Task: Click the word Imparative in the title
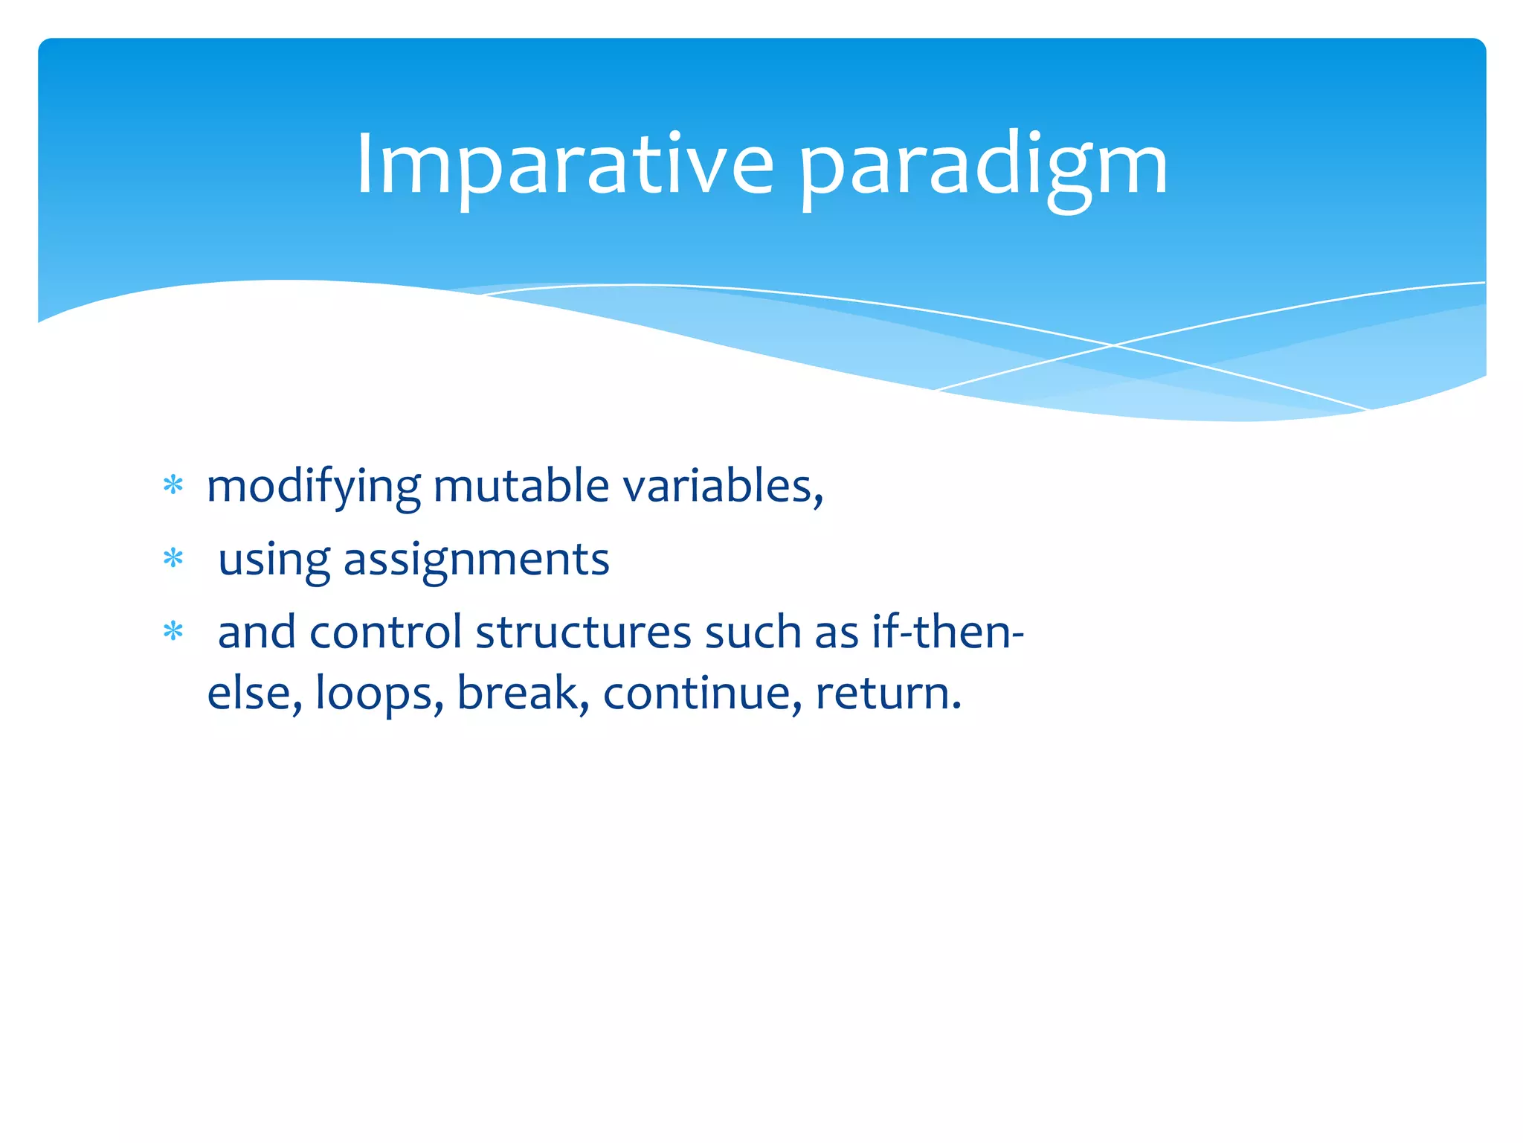(x=565, y=165)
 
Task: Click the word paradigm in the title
(x=983, y=168)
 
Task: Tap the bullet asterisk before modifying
(x=173, y=486)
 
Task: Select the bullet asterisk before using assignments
(x=173, y=558)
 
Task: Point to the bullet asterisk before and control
(x=173, y=632)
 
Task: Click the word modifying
(x=313, y=488)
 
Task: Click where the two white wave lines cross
(x=1113, y=345)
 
